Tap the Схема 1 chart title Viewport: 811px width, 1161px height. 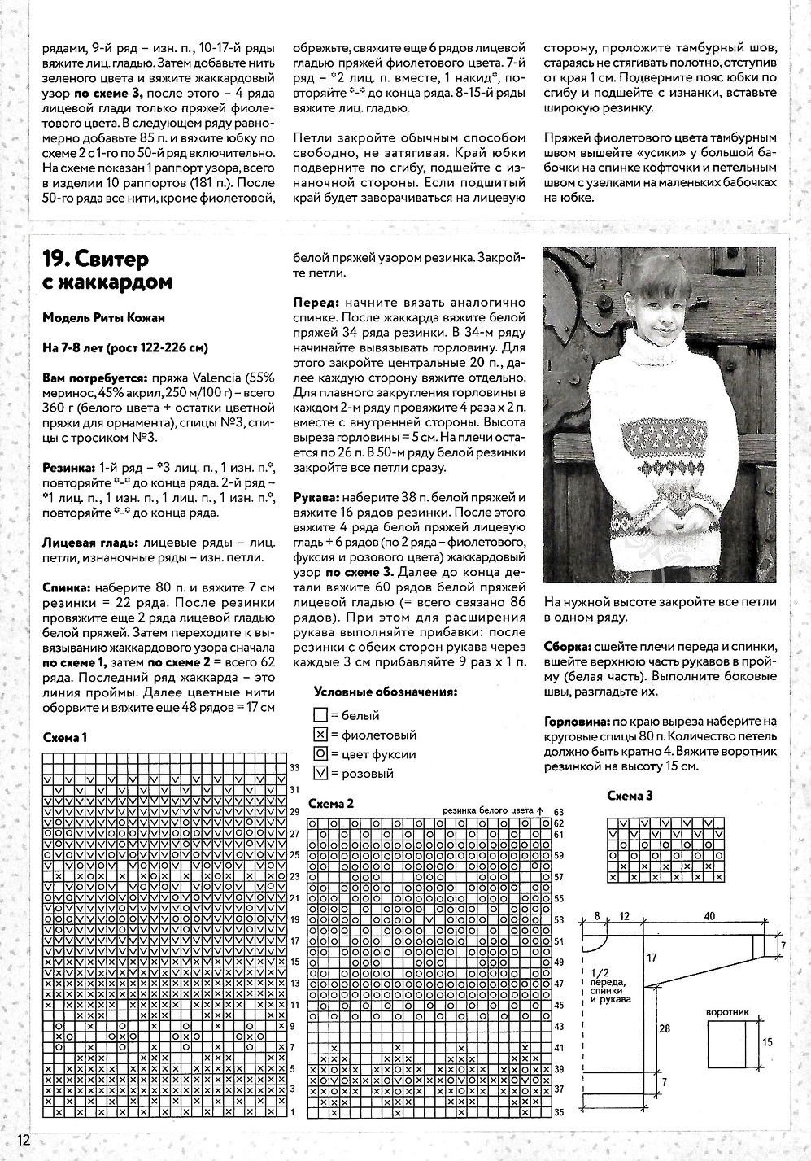click(64, 738)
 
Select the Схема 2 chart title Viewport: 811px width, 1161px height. click(331, 804)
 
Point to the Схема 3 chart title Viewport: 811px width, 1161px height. click(630, 797)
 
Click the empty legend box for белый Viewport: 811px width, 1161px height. click(320, 716)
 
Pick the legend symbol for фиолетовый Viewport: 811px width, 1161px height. click(320, 735)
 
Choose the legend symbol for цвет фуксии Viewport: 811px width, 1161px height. click(320, 754)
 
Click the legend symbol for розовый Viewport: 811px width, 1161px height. click(320, 774)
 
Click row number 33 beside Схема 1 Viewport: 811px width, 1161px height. click(294, 768)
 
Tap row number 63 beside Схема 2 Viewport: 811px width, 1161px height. click(559, 812)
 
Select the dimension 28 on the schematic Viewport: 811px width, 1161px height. click(665, 1029)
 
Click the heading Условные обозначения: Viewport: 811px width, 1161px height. click(385, 692)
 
